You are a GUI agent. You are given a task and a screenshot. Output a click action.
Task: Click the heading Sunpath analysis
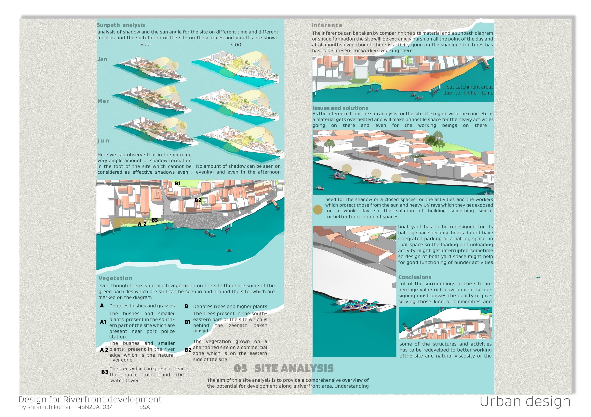pyautogui.click(x=121, y=25)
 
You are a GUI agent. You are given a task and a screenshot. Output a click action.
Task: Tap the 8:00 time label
pyautogui.click(x=145, y=44)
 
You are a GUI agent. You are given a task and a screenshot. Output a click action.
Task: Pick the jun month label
pyautogui.click(x=103, y=141)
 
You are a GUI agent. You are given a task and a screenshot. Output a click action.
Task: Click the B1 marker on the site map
pyautogui.click(x=178, y=183)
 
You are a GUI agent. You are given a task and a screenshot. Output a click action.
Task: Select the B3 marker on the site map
pyautogui.click(x=154, y=220)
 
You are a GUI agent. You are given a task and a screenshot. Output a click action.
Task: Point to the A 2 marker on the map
pyautogui.click(x=142, y=224)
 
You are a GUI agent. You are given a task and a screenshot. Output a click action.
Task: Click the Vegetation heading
pyautogui.click(x=115, y=278)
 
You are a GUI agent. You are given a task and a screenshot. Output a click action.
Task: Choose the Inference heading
pyautogui.click(x=327, y=25)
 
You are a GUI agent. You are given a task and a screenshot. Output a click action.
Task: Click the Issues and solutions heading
pyautogui.click(x=340, y=108)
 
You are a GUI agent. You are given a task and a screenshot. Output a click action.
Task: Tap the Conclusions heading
pyautogui.click(x=415, y=277)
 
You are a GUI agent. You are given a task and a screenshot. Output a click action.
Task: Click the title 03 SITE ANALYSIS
pyautogui.click(x=284, y=368)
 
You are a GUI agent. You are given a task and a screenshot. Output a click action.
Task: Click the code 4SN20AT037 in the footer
pyautogui.click(x=95, y=407)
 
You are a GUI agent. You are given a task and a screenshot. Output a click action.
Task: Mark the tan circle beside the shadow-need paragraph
pyautogui.click(x=318, y=210)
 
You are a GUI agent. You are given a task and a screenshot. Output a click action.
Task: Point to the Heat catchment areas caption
pyautogui.click(x=468, y=90)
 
